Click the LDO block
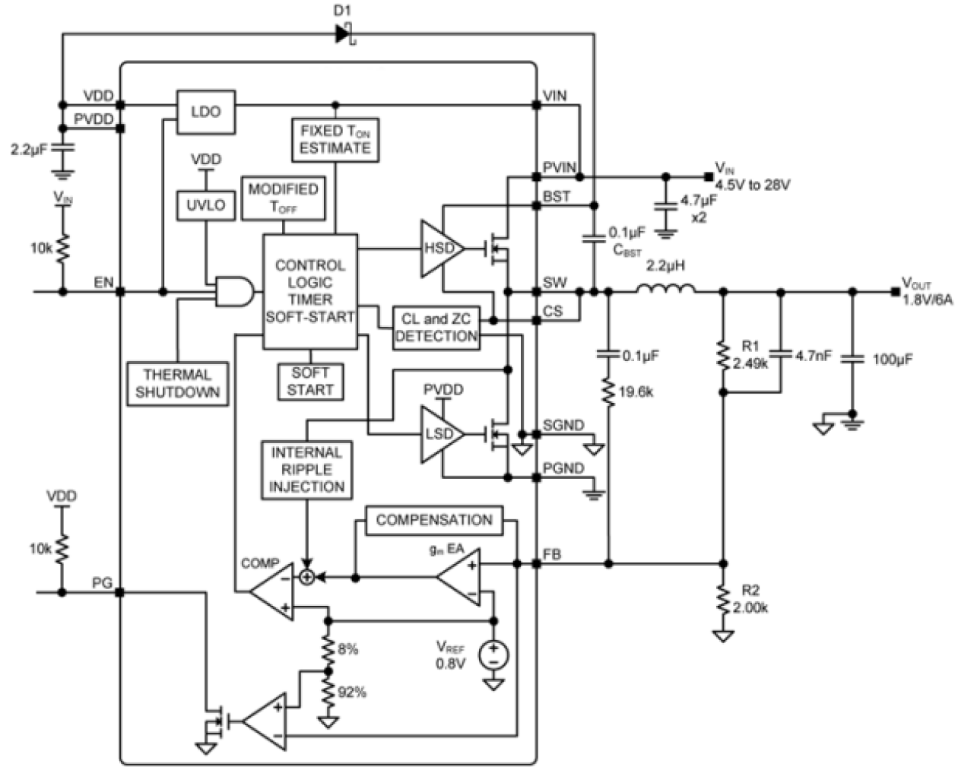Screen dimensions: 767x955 point(205,112)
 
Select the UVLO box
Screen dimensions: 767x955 point(205,205)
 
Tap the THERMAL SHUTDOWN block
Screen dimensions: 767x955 point(177,384)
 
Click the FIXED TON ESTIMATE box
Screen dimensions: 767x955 point(335,140)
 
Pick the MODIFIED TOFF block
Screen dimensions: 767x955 point(283,198)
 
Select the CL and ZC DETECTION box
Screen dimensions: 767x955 point(436,328)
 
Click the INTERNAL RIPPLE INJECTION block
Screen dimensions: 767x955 point(306,470)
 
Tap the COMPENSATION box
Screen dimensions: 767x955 point(433,521)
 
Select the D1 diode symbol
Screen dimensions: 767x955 point(344,33)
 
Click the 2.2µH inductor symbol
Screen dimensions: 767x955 point(665,290)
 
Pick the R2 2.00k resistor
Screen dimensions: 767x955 point(723,600)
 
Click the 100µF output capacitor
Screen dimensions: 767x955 point(852,359)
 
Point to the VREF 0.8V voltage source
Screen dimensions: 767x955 point(493,654)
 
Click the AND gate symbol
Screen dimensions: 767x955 point(234,291)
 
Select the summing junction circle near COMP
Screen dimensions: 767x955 point(306,578)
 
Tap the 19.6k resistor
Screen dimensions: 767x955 point(608,392)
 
